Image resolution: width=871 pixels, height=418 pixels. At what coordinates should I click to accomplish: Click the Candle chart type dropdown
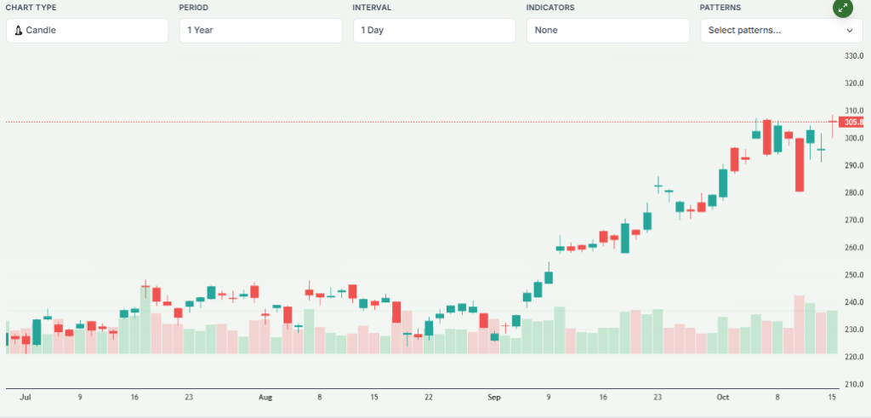[87, 31]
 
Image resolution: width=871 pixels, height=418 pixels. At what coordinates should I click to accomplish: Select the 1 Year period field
[260, 31]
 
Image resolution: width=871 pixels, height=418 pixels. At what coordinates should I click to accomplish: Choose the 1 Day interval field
[434, 31]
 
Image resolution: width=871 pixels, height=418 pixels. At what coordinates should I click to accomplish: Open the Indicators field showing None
[607, 31]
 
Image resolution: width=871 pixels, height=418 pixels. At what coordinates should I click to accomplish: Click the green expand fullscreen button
[842, 8]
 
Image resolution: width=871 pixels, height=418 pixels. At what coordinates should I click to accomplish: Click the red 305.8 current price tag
[854, 123]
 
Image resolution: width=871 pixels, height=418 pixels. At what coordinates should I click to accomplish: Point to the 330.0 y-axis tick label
[853, 56]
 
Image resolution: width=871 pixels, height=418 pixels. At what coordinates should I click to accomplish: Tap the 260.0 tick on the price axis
[853, 248]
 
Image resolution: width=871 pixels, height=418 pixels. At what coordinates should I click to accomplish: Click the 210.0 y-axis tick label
[853, 385]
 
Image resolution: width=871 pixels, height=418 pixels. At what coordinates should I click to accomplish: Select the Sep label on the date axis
[495, 398]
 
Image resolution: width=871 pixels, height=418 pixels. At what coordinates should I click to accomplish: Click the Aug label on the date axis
[265, 398]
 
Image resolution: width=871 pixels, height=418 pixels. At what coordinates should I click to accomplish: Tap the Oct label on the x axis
[724, 398]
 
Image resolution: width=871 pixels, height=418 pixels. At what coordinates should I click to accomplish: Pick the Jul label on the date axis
[26, 398]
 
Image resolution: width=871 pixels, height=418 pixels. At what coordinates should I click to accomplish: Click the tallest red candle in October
[800, 164]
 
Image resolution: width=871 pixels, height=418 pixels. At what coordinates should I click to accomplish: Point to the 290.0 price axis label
[853, 165]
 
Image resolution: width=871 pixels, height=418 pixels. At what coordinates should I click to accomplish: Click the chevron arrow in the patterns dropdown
[849, 31]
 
